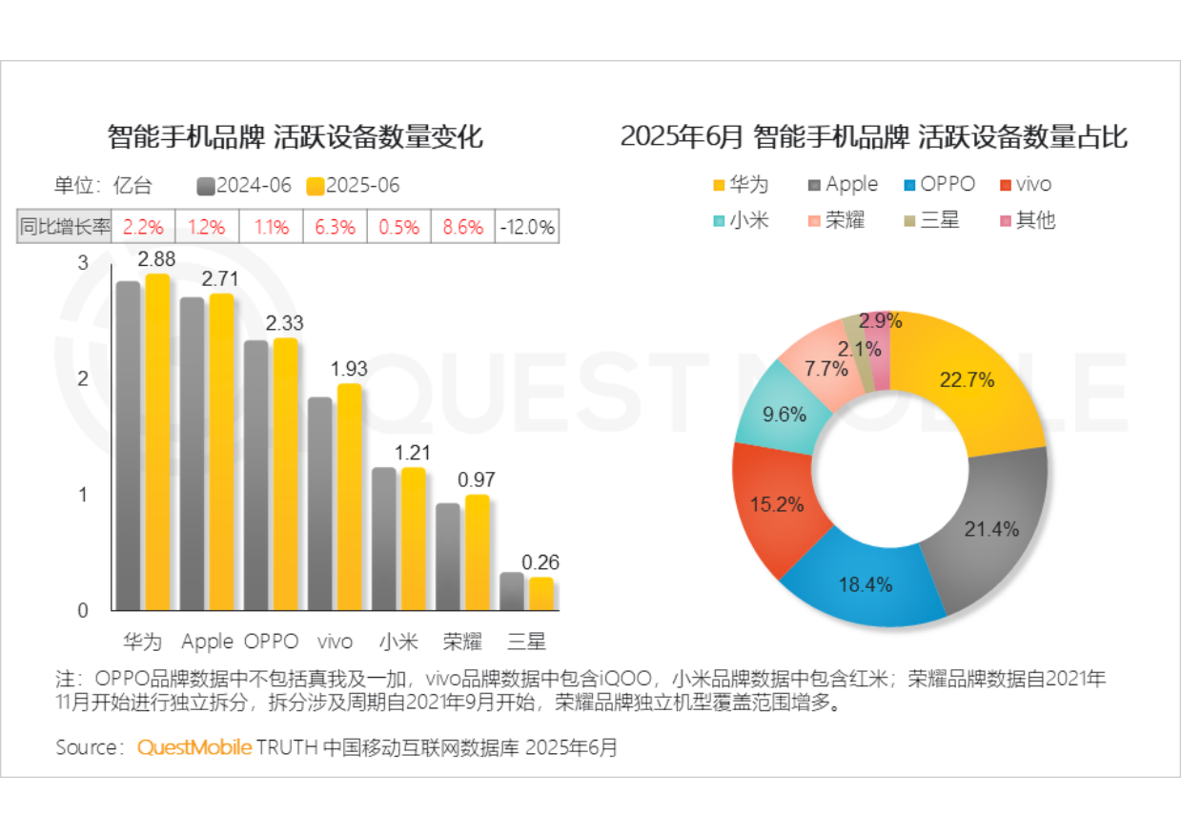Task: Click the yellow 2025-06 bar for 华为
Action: point(157,442)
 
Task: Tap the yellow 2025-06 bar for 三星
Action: point(541,593)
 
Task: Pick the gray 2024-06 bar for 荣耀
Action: point(448,557)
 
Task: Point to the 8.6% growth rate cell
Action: point(463,228)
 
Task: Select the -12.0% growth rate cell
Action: point(526,228)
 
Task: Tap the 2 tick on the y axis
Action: point(83,378)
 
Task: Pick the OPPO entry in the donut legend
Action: point(939,184)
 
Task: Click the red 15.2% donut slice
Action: point(774,504)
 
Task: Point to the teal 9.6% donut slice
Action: point(784,415)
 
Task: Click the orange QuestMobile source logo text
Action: point(194,747)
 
